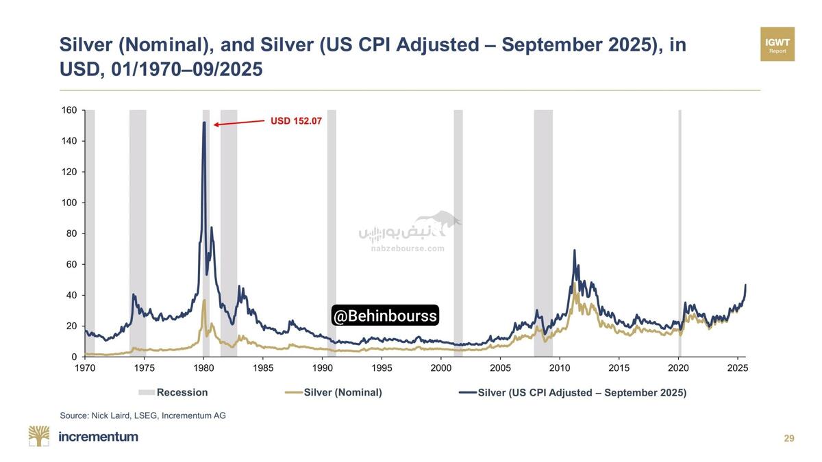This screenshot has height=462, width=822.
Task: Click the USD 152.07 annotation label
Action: (x=296, y=121)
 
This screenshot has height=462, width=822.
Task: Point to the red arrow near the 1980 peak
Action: (x=239, y=123)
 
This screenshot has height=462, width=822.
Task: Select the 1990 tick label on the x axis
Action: (x=323, y=368)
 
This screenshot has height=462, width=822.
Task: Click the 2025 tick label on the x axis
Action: (x=737, y=368)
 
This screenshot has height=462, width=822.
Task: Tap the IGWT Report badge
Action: (x=777, y=44)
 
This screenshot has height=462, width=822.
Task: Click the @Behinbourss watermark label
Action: (x=385, y=316)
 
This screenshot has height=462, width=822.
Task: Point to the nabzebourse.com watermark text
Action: (x=408, y=248)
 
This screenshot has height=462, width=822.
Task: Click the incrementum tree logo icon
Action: (x=39, y=436)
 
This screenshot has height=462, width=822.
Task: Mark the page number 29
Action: (x=789, y=438)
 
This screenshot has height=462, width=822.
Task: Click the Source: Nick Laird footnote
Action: (x=142, y=415)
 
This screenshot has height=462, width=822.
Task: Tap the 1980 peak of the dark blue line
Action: (x=204, y=123)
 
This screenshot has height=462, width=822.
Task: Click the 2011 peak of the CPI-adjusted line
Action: (x=574, y=251)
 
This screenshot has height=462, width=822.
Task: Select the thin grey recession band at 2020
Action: (x=680, y=233)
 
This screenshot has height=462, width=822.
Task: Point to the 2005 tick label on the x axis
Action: (x=500, y=368)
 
